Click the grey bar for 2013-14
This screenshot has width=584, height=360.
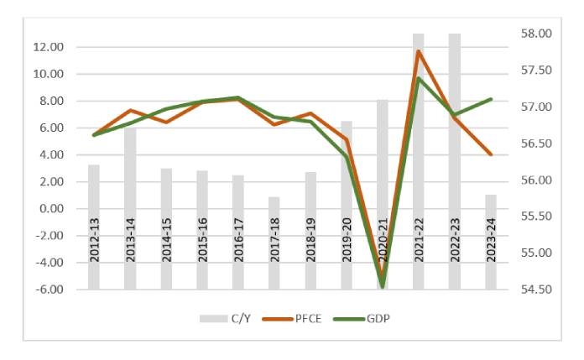click(130, 210)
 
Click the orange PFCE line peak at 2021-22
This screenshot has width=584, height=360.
click(419, 51)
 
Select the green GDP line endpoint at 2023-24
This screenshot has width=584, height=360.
click(491, 99)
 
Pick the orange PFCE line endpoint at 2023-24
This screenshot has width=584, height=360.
click(491, 154)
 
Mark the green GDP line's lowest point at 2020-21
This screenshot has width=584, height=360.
click(383, 286)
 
